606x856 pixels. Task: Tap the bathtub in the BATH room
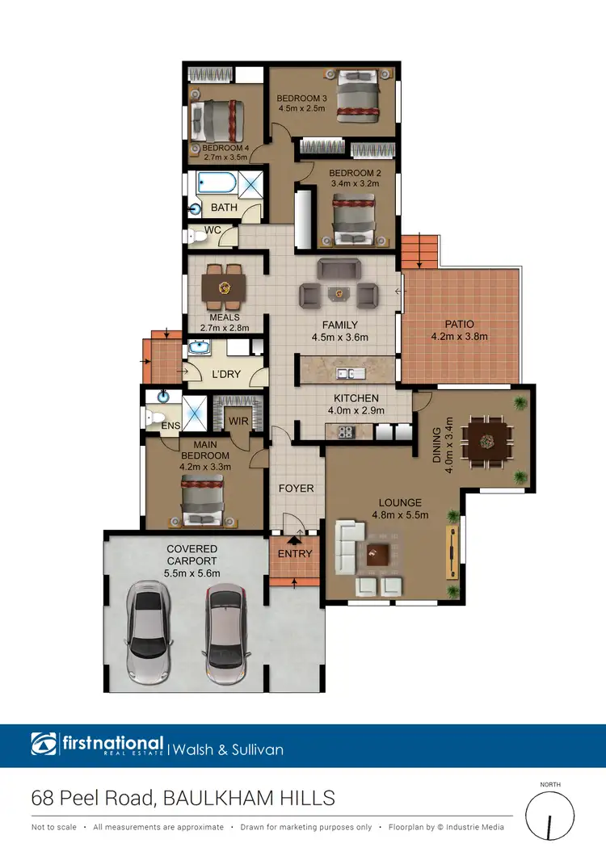215,185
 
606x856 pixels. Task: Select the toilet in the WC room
194,236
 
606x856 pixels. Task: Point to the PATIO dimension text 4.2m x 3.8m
459,336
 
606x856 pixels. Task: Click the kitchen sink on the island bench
348,373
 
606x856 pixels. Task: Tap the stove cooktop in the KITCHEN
345,431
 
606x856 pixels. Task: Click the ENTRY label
294,554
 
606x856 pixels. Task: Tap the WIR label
238,420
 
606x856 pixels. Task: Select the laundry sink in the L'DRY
199,350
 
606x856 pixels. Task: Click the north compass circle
549,818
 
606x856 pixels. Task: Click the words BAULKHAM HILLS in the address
249,799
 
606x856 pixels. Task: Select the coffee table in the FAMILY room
337,292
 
